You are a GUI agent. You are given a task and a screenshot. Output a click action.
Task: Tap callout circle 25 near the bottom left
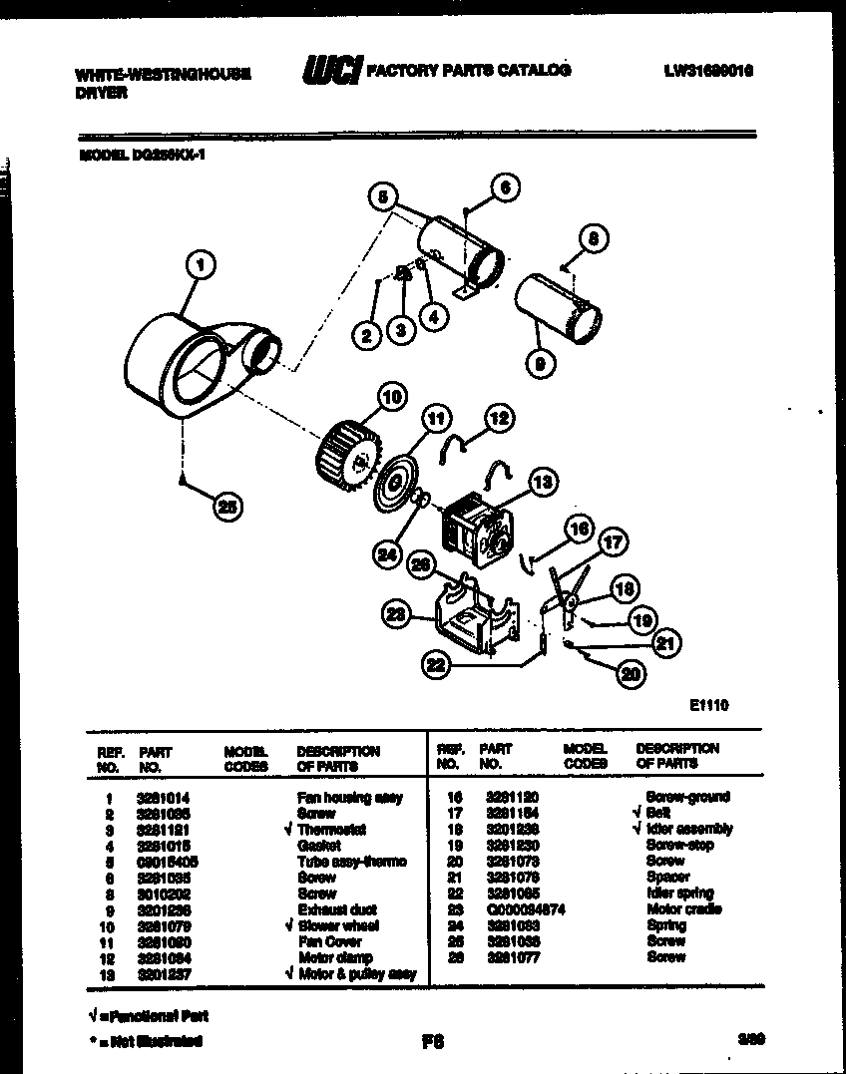[228, 507]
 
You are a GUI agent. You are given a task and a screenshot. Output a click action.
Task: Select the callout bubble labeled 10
[392, 397]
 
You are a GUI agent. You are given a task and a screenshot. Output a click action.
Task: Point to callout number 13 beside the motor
[542, 484]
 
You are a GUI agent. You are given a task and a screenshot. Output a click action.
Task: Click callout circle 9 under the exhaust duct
[539, 365]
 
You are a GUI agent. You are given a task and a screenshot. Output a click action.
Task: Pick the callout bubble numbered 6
[506, 186]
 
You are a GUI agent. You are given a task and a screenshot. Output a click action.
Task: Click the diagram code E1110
[708, 705]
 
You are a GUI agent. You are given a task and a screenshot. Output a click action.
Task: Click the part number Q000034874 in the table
[526, 909]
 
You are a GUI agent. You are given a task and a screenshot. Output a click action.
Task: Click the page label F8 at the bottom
[432, 1042]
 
